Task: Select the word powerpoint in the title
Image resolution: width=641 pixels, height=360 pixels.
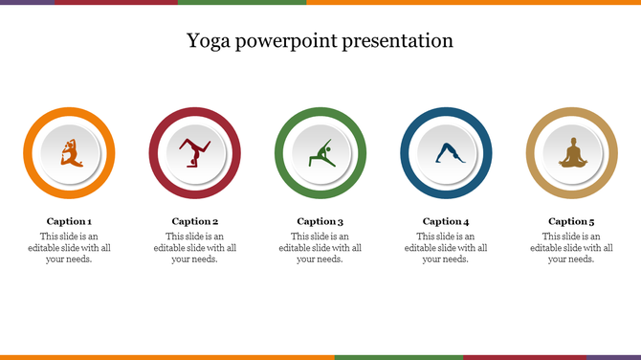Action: point(287,41)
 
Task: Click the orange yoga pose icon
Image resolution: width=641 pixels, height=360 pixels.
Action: point(70,153)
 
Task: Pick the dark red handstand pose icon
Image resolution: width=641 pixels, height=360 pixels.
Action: point(195,153)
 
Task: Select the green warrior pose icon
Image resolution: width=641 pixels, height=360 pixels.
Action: point(320,153)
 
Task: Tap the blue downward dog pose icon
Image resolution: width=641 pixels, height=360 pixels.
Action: point(446,153)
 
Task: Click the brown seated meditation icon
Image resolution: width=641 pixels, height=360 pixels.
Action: point(571,153)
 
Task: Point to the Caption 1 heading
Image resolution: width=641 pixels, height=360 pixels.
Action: point(70,221)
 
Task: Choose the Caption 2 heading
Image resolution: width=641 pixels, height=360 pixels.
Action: point(195,221)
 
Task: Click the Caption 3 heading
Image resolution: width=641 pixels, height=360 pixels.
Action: point(320,221)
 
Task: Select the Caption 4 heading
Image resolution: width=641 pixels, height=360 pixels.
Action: point(446,221)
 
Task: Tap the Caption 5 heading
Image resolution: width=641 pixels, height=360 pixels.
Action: point(571,221)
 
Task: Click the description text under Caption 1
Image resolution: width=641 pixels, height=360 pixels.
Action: point(70,247)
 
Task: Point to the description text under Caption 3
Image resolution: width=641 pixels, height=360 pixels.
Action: point(320,247)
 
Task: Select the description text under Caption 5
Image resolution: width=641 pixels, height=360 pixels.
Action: point(571,247)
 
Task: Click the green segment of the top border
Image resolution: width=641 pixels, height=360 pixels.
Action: point(241,2)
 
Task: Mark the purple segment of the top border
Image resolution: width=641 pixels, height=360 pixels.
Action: point(27,2)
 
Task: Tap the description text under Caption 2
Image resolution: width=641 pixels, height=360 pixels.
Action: point(195,247)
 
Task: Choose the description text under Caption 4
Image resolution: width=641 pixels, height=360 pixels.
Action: point(446,247)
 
